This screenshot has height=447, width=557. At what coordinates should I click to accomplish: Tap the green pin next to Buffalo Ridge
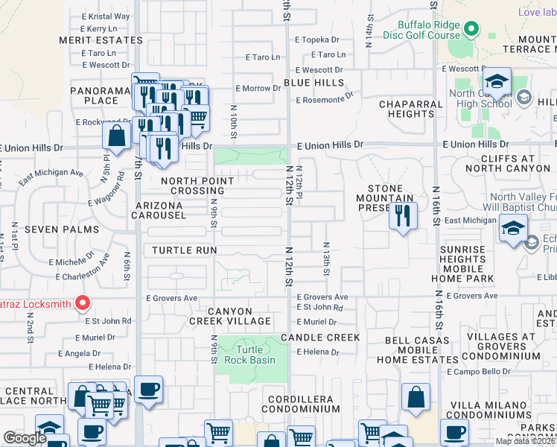pos(471,29)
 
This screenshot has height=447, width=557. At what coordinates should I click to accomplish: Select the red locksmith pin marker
pos(83,303)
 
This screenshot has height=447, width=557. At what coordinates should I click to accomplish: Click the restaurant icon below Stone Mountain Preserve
pos(402,216)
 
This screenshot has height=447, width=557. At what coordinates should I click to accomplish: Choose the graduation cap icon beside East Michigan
pos(513,229)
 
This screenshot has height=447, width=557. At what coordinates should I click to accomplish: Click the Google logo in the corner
pos(24,438)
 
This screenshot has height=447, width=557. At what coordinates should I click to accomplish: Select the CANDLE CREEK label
pos(320,337)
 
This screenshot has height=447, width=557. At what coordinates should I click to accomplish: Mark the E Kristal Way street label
pos(106,16)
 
